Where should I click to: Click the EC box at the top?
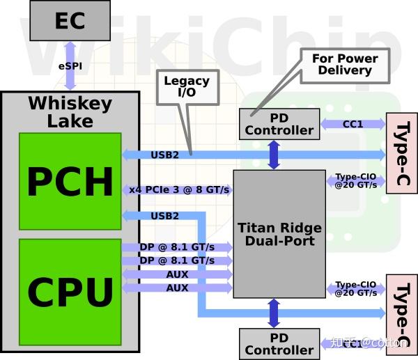pos(70,20)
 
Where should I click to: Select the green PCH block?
pos(70,180)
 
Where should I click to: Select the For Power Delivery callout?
pos(345,65)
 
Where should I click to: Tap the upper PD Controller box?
pos(279,125)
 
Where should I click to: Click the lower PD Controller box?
pos(279,344)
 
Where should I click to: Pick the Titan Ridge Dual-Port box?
pos(279,234)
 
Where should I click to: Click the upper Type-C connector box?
pos(401,153)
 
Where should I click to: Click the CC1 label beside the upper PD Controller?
pos(353,124)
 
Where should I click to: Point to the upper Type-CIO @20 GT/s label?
pos(356,181)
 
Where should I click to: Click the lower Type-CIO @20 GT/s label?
pos(356,289)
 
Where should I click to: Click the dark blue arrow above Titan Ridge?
pos(274,154)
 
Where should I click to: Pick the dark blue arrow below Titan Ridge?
pos(274,313)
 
